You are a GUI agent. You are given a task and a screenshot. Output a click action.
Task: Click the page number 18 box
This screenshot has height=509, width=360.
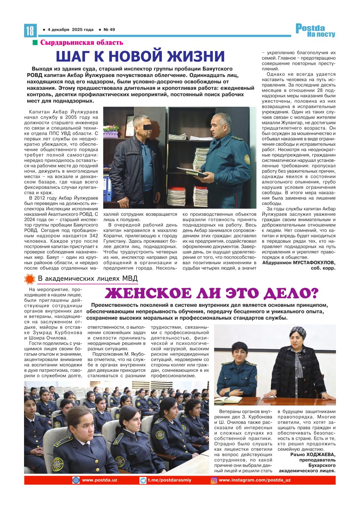tap(30, 30)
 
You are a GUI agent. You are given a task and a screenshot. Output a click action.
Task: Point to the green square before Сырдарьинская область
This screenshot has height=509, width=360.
tap(35, 43)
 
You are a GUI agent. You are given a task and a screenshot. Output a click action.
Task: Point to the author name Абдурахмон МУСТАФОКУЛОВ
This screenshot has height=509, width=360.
tap(299, 263)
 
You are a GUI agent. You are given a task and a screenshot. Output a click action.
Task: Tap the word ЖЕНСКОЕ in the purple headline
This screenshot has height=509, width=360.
tap(145, 293)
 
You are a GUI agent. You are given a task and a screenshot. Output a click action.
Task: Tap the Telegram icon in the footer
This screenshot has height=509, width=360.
tap(143, 480)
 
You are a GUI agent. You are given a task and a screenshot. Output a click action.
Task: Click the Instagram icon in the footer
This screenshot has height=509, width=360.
tap(214, 480)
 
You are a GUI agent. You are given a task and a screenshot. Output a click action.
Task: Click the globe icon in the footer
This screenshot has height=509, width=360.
tap(76, 480)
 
